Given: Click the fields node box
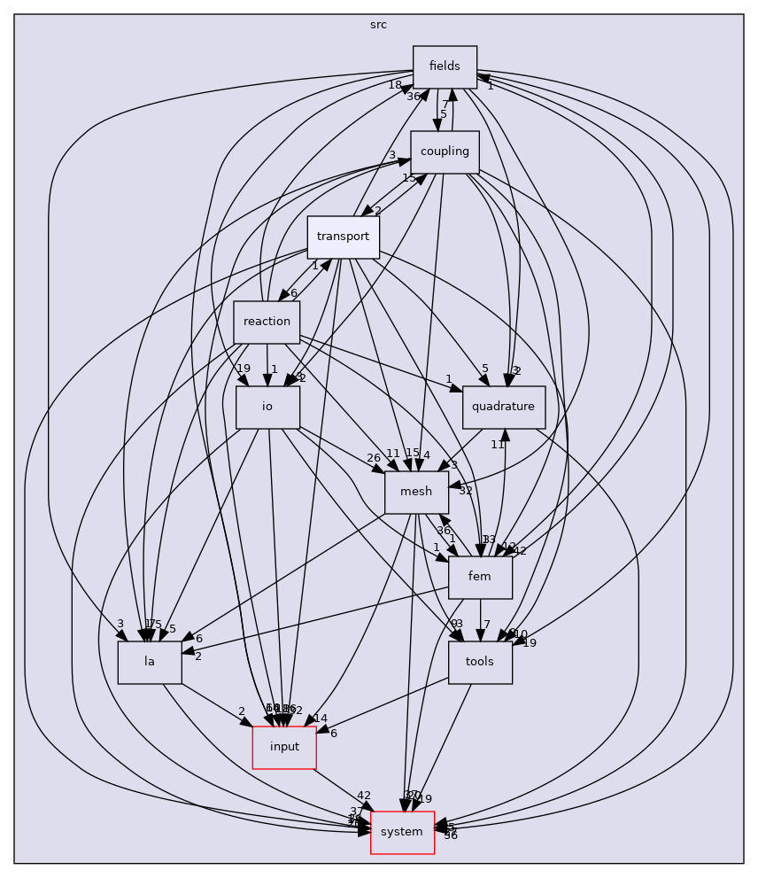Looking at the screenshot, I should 445,66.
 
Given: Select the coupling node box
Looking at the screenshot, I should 445,152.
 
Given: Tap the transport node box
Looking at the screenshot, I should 343,237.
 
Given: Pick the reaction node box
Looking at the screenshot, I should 267,322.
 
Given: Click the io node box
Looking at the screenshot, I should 267,407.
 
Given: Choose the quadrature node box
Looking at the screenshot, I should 504,407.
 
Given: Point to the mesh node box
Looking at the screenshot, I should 416,492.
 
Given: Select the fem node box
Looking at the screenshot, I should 480,577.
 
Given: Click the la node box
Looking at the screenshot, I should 150,662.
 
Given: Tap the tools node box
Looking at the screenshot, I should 480,662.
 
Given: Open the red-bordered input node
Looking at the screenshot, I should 284,747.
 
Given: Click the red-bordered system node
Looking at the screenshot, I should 402,832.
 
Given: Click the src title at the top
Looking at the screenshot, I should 378,25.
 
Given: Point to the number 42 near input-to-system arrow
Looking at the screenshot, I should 363,796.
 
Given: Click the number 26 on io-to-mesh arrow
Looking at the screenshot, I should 374,458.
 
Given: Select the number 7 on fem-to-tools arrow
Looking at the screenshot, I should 487,625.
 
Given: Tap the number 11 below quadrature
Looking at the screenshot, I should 498,445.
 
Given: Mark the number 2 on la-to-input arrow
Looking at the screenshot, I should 241,711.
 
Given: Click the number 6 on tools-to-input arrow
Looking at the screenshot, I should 333,733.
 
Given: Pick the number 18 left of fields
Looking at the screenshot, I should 395,84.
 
